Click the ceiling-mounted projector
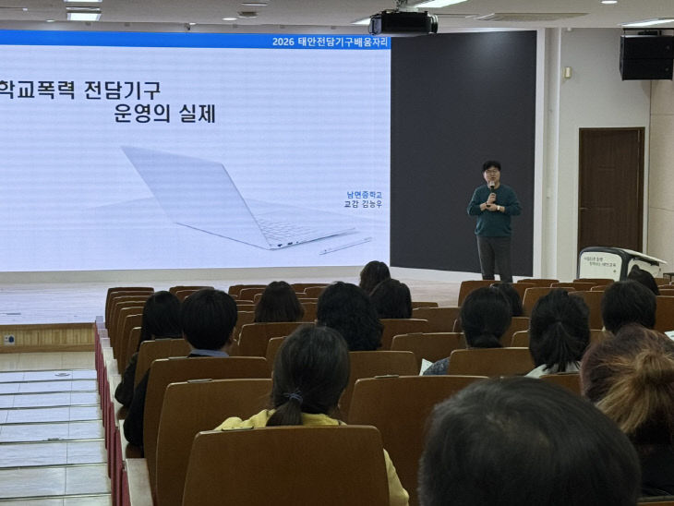(403, 22)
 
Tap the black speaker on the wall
(645, 56)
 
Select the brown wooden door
(610, 188)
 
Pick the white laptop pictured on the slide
(231, 199)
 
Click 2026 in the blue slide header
(283, 42)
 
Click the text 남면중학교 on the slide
(364, 195)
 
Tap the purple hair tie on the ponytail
(293, 396)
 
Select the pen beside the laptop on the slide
(346, 245)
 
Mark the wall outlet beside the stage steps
(9, 339)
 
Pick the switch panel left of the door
(567, 72)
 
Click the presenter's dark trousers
(495, 256)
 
